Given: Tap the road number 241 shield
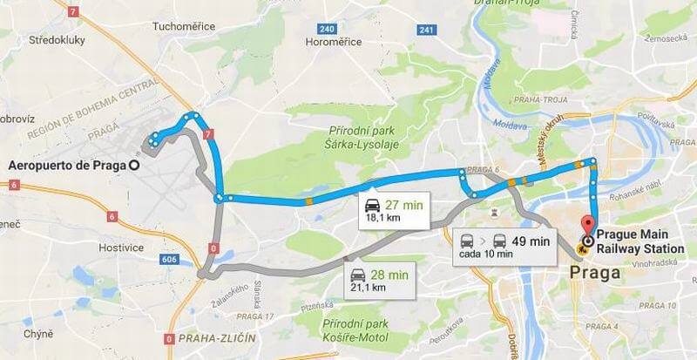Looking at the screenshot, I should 427,31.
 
